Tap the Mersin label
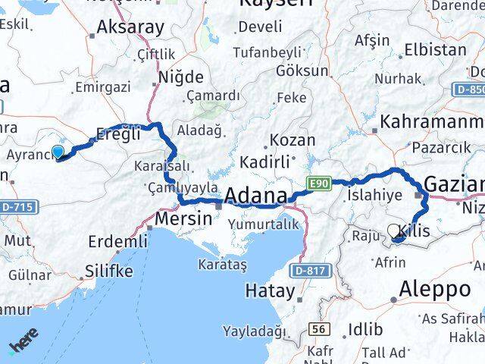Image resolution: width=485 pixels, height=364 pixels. point(183,218)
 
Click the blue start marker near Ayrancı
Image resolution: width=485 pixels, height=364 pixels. point(57,152)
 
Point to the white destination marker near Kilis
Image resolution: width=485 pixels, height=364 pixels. point(394,231)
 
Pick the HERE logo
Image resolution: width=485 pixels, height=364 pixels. point(23,346)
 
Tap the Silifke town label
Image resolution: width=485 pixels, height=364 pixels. point(109,271)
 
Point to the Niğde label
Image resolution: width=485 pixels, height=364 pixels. point(180,77)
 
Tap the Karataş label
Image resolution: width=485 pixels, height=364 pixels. point(223,265)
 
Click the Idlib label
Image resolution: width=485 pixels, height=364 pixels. point(362,329)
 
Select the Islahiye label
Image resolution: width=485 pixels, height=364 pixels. point(374,195)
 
